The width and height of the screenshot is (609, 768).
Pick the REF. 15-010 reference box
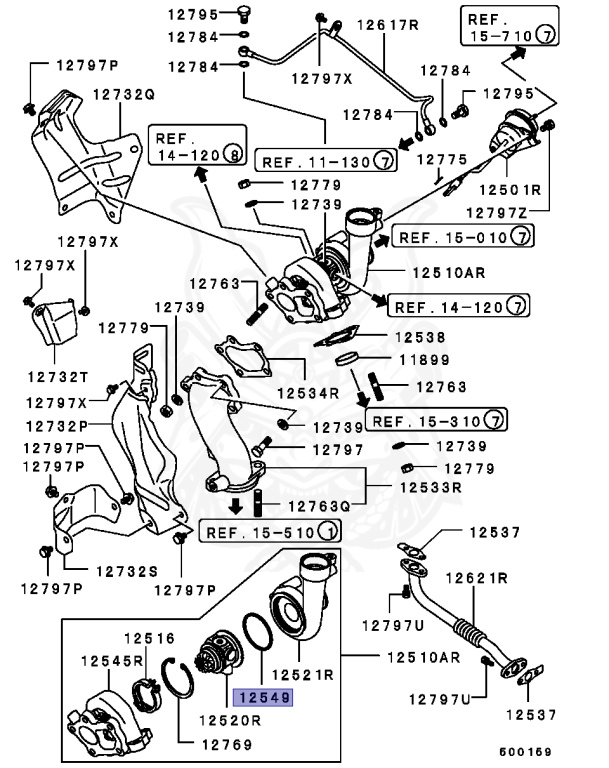462,237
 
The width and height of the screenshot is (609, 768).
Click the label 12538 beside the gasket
425,338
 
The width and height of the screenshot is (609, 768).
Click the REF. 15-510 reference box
269,530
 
